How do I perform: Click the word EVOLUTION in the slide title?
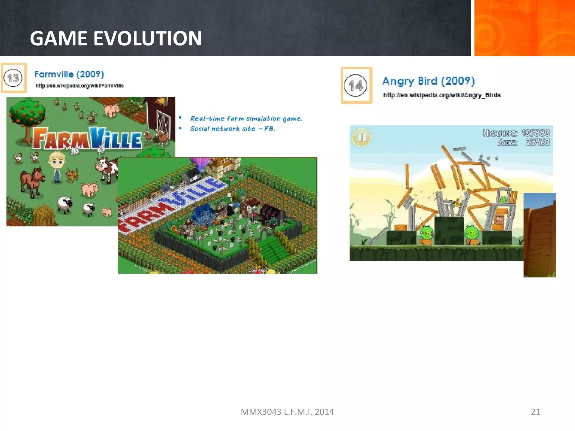coord(147,38)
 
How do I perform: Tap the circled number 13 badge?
coord(13,78)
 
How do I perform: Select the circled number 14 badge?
coord(356,86)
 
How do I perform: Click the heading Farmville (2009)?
coord(69,74)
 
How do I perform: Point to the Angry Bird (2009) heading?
coord(428,81)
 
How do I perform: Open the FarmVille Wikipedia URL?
coord(79,86)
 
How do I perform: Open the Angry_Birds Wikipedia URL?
coord(442,95)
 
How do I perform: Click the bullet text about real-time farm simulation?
coord(246,119)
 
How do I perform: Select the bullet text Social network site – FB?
coord(232,129)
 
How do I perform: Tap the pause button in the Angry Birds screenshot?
coord(362,137)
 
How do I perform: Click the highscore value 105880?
coord(535,133)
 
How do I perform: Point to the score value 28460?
coord(538,142)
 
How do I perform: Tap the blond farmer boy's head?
coord(57,161)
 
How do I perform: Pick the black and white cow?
coord(107,168)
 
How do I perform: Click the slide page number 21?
coord(535,412)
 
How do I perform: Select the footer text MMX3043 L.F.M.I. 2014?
coord(287,412)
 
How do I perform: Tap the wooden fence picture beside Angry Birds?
coord(539,235)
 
